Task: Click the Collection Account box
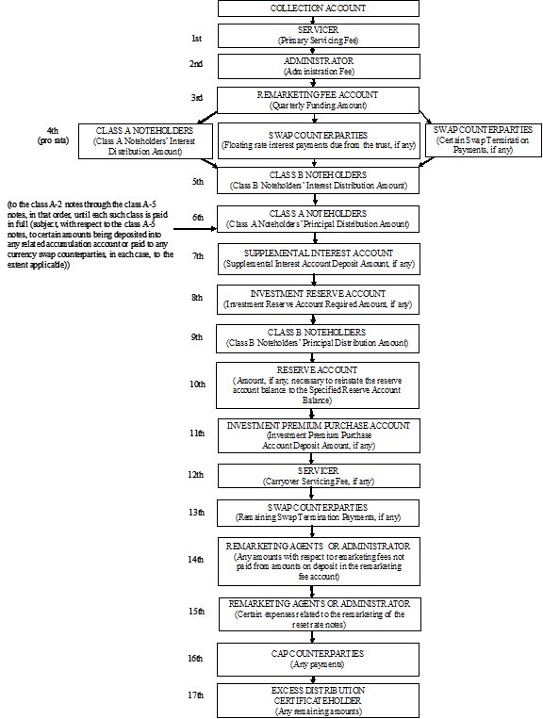(319, 8)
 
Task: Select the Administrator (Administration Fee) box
(319, 67)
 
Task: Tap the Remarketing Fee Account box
(318, 100)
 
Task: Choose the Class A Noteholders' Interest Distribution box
(145, 140)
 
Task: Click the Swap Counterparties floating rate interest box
(319, 140)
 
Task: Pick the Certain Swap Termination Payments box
(484, 139)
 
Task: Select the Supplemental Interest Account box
(319, 259)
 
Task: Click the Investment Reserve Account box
(318, 300)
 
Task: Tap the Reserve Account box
(318, 385)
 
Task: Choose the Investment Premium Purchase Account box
(319, 435)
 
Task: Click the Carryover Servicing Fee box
(319, 476)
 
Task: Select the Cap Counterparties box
(318, 660)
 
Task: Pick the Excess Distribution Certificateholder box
(318, 701)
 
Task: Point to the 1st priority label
(196, 39)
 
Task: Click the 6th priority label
(198, 218)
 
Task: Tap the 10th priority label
(197, 384)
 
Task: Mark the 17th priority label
(195, 695)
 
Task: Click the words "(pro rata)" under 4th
(53, 140)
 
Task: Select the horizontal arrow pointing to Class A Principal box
(195, 228)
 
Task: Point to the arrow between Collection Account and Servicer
(313, 20)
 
